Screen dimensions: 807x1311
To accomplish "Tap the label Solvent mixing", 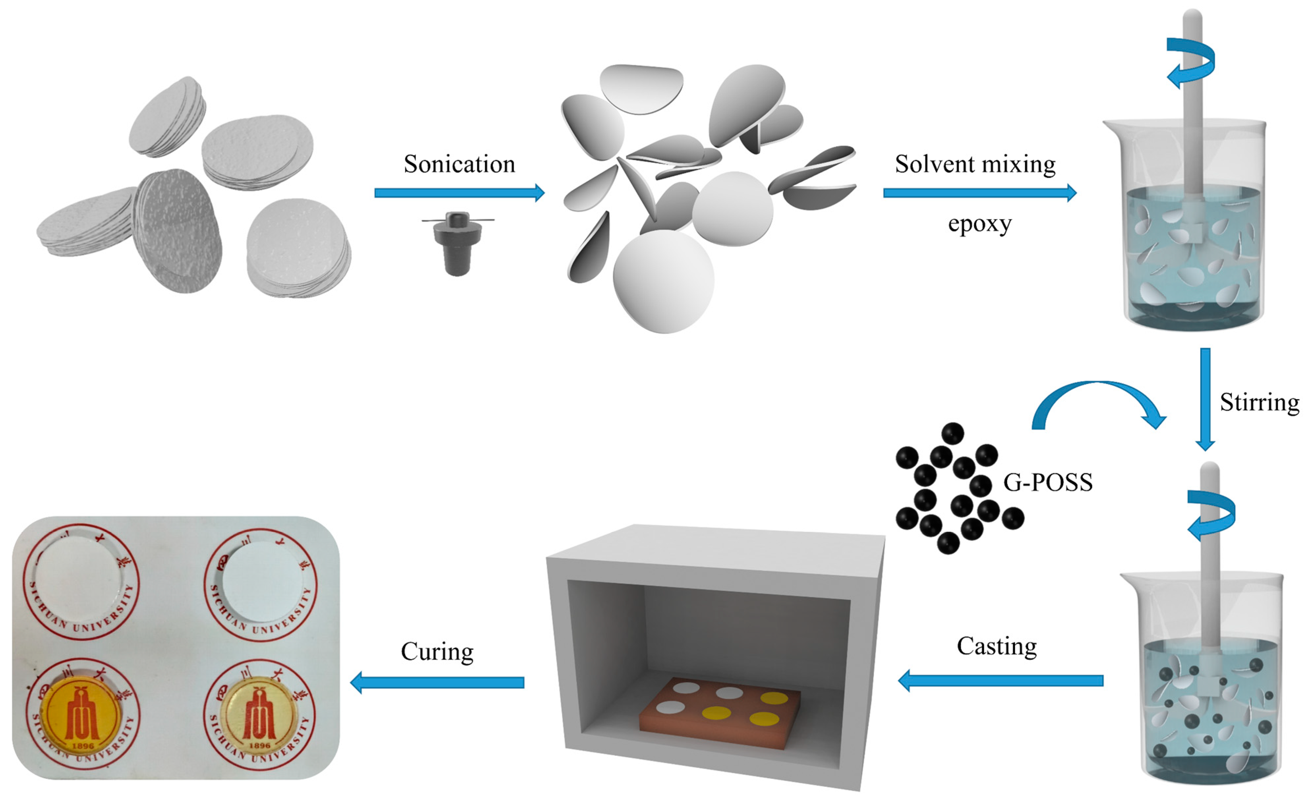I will click(x=975, y=164).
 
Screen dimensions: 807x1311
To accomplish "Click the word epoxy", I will click(x=980, y=224).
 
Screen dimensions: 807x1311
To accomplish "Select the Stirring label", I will click(x=1259, y=403).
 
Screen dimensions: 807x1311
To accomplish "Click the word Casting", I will click(x=996, y=646).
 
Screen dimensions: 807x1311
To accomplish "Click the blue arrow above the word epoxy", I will click(x=980, y=193).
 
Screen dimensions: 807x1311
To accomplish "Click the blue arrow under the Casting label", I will click(x=1001, y=680).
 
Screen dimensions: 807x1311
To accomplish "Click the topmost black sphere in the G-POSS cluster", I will click(x=952, y=433).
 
